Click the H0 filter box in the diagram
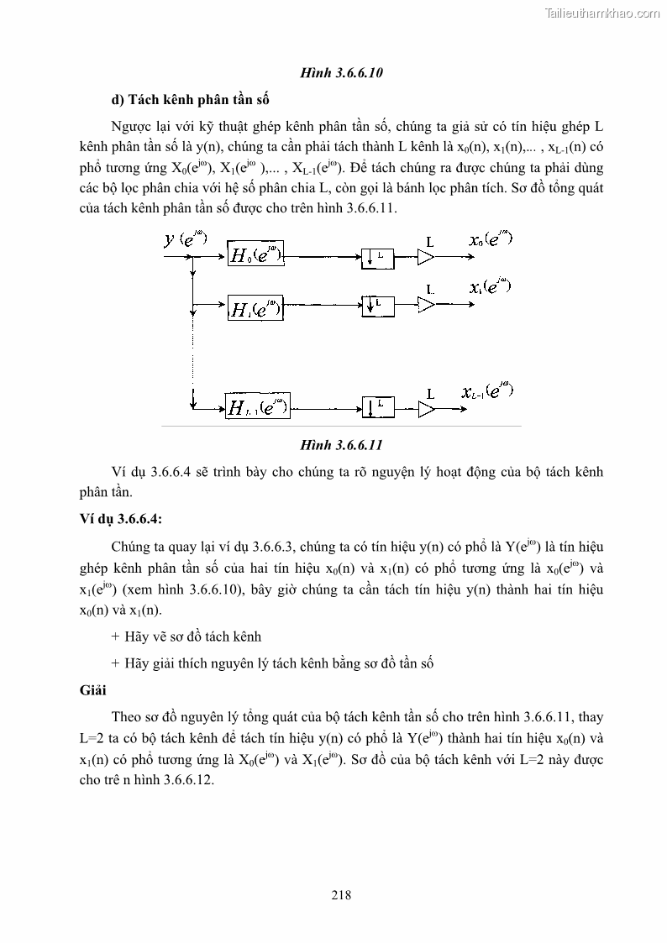255,254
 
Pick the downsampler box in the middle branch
376,303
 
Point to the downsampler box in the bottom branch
376,407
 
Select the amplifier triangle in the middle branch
428,303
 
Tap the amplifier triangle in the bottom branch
428,408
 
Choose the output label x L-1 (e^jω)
486,390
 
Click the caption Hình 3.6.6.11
341,444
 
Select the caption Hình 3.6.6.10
341,74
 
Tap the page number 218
341,895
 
